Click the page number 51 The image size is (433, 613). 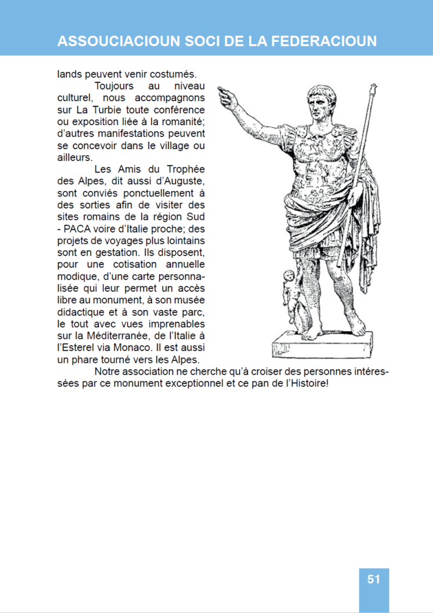[374, 579]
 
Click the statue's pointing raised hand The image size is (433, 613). [226, 96]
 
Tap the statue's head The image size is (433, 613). [321, 102]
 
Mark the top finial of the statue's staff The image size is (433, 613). [374, 90]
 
